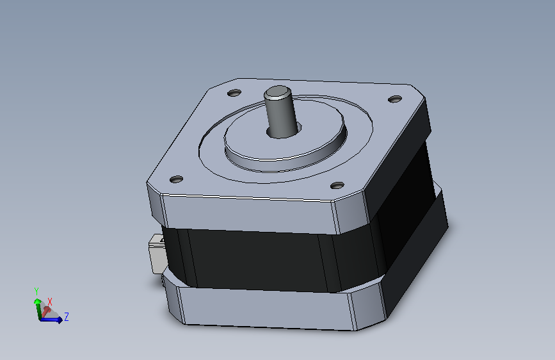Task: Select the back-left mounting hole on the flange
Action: pos(234,94)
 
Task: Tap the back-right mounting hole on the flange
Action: pos(395,99)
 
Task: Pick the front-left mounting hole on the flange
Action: pos(177,179)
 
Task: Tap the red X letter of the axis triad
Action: pos(50,301)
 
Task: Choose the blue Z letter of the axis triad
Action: pos(66,316)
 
